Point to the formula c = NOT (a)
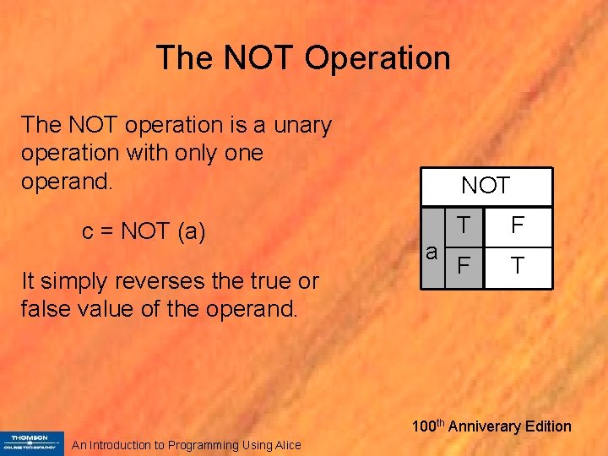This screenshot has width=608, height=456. (144, 231)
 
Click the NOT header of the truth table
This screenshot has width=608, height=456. (486, 185)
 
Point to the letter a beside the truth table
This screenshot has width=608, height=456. (432, 252)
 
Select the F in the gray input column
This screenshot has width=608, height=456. (463, 266)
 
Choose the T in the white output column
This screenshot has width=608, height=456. (518, 266)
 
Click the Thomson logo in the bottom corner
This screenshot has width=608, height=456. (32, 442)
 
